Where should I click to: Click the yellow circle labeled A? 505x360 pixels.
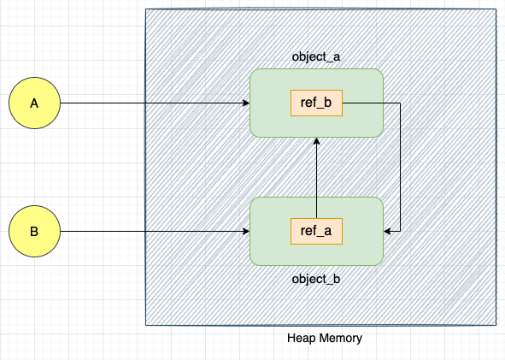(x=34, y=103)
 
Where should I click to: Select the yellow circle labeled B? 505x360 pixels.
(x=34, y=231)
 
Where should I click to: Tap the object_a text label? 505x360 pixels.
(x=316, y=56)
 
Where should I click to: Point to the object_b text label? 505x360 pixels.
(x=316, y=279)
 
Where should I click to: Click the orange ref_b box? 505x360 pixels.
(x=316, y=103)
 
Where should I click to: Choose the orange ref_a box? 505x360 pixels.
(x=316, y=231)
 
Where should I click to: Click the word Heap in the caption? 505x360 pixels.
(x=302, y=338)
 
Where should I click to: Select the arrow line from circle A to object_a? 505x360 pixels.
(x=154, y=103)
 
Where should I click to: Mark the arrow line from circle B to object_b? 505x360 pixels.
(x=154, y=231)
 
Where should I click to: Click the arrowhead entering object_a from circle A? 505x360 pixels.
(x=244, y=103)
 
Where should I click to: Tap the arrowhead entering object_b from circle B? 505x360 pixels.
(x=244, y=231)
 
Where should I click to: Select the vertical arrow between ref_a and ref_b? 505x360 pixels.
(x=316, y=171)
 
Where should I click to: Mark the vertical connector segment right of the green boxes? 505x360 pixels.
(x=400, y=167)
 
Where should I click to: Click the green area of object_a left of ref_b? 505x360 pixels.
(x=270, y=103)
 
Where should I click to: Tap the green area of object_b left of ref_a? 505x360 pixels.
(x=270, y=231)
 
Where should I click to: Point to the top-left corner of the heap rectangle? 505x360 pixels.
(x=146, y=9)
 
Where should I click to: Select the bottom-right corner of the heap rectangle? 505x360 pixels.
(x=495, y=325)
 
